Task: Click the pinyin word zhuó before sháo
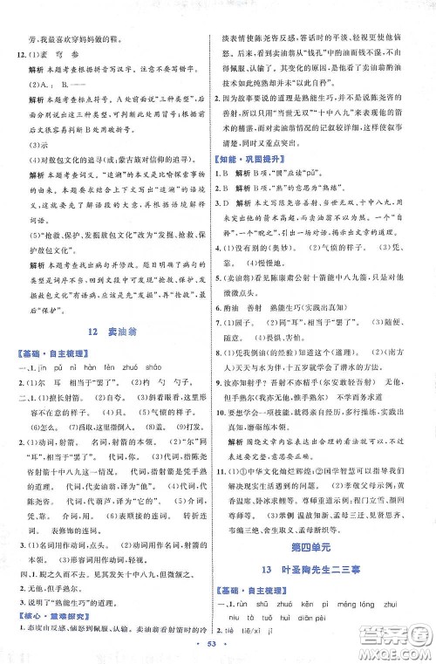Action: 140,391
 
